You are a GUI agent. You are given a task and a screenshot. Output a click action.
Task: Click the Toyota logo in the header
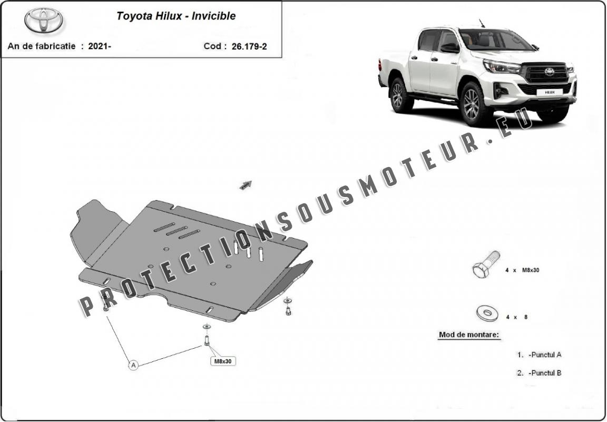[x=44, y=20]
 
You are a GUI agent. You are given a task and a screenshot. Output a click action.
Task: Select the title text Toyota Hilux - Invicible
[x=176, y=16]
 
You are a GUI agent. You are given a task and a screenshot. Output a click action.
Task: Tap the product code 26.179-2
[x=249, y=46]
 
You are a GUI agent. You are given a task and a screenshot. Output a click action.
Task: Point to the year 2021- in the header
[x=100, y=46]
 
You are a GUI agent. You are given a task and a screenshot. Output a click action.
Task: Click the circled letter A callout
[x=133, y=365]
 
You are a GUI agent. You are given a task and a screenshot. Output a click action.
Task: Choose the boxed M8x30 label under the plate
[x=223, y=361]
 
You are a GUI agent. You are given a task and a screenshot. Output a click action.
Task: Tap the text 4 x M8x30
[x=522, y=270]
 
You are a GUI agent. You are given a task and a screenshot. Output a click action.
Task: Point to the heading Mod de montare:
[x=469, y=335]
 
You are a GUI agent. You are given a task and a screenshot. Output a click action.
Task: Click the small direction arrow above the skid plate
[x=246, y=185]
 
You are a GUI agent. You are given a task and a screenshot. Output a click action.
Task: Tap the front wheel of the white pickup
[x=472, y=104]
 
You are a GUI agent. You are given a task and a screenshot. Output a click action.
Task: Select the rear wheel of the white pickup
[x=398, y=95]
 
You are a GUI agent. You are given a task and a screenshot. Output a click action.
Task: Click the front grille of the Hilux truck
[x=545, y=73]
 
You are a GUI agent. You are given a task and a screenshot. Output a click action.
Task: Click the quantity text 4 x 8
[x=517, y=317]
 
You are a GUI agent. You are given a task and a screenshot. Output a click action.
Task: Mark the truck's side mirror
[x=450, y=48]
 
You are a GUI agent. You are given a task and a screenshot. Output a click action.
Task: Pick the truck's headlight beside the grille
[x=502, y=66]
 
